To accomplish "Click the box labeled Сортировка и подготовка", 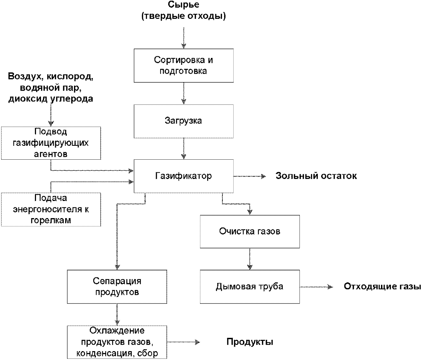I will coord(183,65).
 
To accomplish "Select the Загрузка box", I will coord(183,121).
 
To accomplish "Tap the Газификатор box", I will coord(183,176).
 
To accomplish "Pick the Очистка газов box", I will coord(250,231).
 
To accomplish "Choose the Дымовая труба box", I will coord(250,287).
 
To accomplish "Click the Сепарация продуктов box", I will coord(117,287).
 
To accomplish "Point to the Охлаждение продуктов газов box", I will coord(117,342).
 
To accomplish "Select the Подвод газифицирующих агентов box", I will coord(51,143).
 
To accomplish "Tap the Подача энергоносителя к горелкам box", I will coord(51,209).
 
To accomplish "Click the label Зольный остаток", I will coord(316,176).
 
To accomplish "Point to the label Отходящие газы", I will coord(382,287).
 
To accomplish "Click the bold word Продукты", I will coord(250,342).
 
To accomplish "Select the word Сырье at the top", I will coord(183,5).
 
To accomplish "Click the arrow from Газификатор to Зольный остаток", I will coord(249,176).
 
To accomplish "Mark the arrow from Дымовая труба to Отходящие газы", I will coord(316,287).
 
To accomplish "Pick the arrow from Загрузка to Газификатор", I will coord(183,149).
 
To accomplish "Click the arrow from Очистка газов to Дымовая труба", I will coord(250,259).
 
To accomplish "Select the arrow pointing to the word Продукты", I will coord(183,342).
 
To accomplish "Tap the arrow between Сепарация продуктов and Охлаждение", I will coord(117,314).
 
